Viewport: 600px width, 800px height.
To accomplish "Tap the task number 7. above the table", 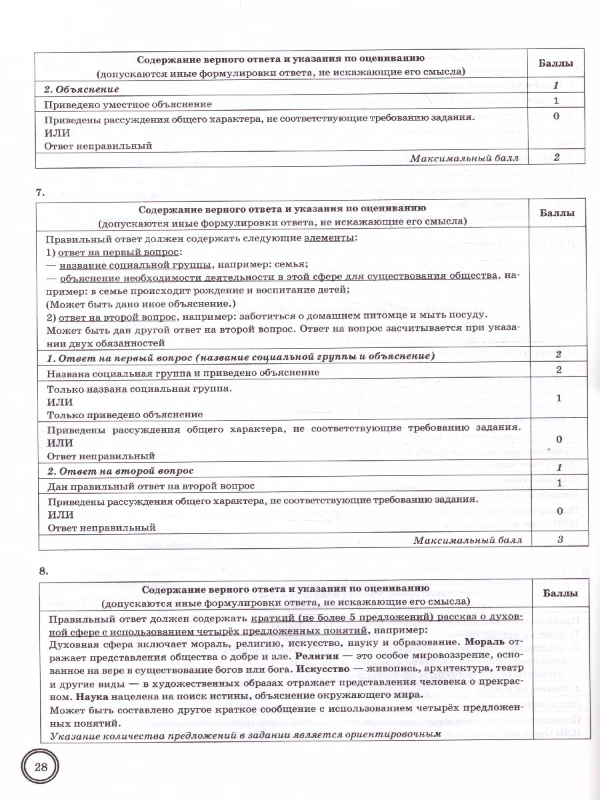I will click(x=40, y=193).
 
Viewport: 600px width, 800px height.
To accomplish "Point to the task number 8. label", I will click(x=43, y=571).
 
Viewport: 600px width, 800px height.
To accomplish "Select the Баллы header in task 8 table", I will click(x=560, y=593).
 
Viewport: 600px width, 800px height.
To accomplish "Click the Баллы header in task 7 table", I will click(x=560, y=213).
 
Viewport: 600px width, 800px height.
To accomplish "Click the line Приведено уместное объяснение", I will click(x=128, y=103).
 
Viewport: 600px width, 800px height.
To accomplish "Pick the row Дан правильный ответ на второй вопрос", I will click(x=150, y=486).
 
